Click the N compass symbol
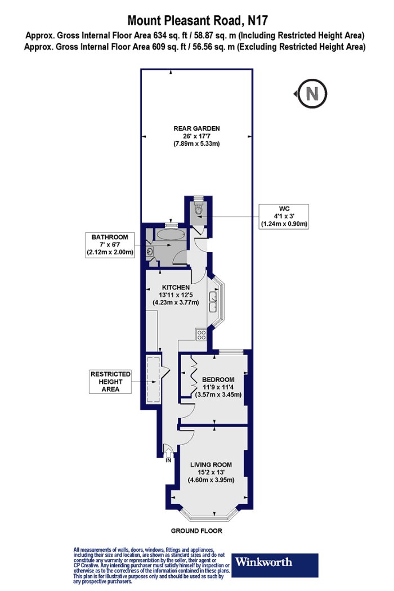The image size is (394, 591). click(311, 93)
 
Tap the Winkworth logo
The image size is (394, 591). click(275, 565)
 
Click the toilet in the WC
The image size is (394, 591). click(198, 208)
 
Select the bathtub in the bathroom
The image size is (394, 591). click(171, 235)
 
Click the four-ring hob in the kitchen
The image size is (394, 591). click(201, 334)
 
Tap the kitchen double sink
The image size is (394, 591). click(213, 301)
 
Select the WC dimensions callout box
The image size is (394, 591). click(284, 216)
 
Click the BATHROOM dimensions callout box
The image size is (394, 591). click(110, 245)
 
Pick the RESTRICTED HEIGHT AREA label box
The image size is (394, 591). click(110, 382)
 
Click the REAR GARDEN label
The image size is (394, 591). click(196, 136)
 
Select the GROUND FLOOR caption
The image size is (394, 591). click(196, 531)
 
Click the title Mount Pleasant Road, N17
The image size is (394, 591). click(197, 20)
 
